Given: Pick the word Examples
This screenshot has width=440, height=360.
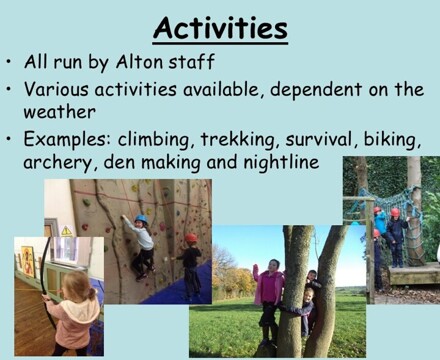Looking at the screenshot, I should (68, 137).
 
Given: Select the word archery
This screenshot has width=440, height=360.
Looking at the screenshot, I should (57, 159).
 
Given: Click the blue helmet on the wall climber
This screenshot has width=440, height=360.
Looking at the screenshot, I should (141, 220).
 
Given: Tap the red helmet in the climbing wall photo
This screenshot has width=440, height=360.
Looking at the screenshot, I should (190, 238).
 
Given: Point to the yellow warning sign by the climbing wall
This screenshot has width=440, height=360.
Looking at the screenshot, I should (67, 231).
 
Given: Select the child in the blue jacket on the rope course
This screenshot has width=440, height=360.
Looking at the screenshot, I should (380, 225).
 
